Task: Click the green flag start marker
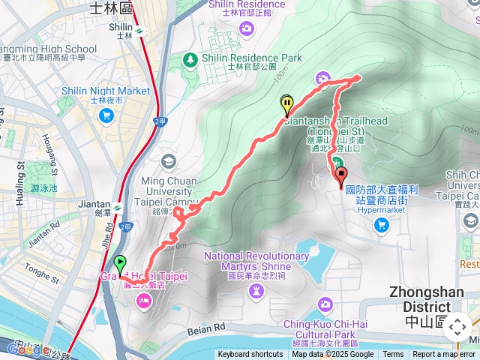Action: click(120, 264)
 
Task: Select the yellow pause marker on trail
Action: click(287, 103)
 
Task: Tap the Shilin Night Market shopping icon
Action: click(106, 115)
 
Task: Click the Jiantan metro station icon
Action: click(118, 204)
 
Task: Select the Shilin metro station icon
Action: click(140, 30)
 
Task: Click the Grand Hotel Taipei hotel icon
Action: click(142, 300)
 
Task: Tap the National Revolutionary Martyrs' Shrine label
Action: click(256, 261)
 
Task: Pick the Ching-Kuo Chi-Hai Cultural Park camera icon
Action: click(325, 304)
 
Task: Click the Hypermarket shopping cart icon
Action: click(382, 223)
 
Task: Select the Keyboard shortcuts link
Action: click(250, 355)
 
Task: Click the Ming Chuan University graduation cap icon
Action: click(168, 161)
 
